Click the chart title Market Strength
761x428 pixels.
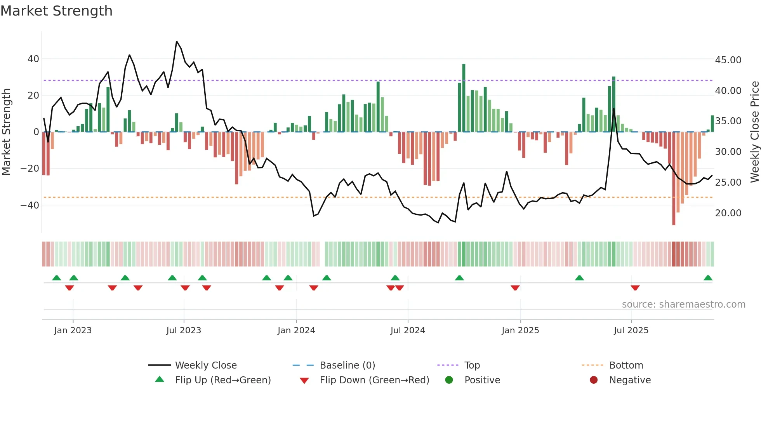56,11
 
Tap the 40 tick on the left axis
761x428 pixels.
33,59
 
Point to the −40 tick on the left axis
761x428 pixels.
30,205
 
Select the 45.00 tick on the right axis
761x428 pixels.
728,60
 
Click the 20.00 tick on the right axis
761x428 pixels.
728,213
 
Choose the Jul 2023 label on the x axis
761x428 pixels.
184,331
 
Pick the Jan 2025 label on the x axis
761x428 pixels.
520,331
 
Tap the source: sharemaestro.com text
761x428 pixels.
683,304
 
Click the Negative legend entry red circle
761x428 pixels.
594,380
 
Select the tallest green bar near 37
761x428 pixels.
464,97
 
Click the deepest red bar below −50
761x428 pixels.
674,179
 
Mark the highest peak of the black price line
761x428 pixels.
177,42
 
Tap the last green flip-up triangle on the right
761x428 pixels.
708,278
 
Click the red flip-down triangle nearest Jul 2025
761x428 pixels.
635,288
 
